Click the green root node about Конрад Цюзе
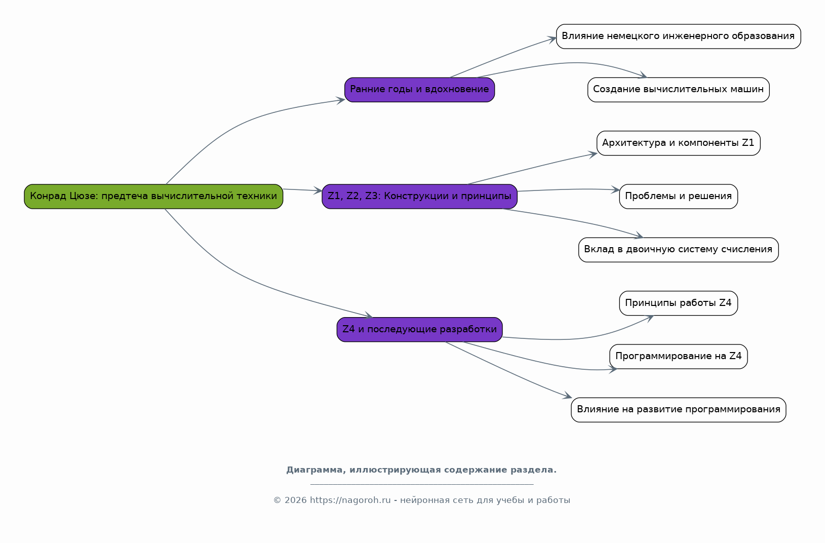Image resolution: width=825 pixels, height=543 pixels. (x=153, y=197)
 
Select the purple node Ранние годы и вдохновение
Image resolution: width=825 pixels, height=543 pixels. (x=419, y=90)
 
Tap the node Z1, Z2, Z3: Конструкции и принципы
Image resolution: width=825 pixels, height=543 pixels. (x=419, y=197)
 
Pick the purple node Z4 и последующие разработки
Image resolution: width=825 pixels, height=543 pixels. (x=419, y=329)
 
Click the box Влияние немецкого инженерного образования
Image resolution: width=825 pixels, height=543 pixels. (x=679, y=36)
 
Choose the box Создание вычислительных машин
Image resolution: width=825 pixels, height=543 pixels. (x=679, y=90)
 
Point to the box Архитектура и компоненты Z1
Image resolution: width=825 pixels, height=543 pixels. (x=679, y=143)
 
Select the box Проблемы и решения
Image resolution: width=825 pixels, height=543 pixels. (x=679, y=197)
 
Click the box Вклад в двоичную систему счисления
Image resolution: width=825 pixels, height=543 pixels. (x=679, y=250)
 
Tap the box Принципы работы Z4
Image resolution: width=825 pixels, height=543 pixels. (x=679, y=303)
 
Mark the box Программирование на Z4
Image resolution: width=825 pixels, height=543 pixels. (x=679, y=356)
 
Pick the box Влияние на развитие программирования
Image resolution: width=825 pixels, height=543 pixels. (x=679, y=410)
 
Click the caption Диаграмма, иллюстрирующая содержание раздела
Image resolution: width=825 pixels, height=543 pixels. (x=421, y=470)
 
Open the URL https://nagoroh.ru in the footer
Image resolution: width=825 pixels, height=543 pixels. (x=350, y=500)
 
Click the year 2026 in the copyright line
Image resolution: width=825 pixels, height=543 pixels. (x=295, y=500)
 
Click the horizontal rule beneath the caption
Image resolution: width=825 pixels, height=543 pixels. (x=422, y=484)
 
